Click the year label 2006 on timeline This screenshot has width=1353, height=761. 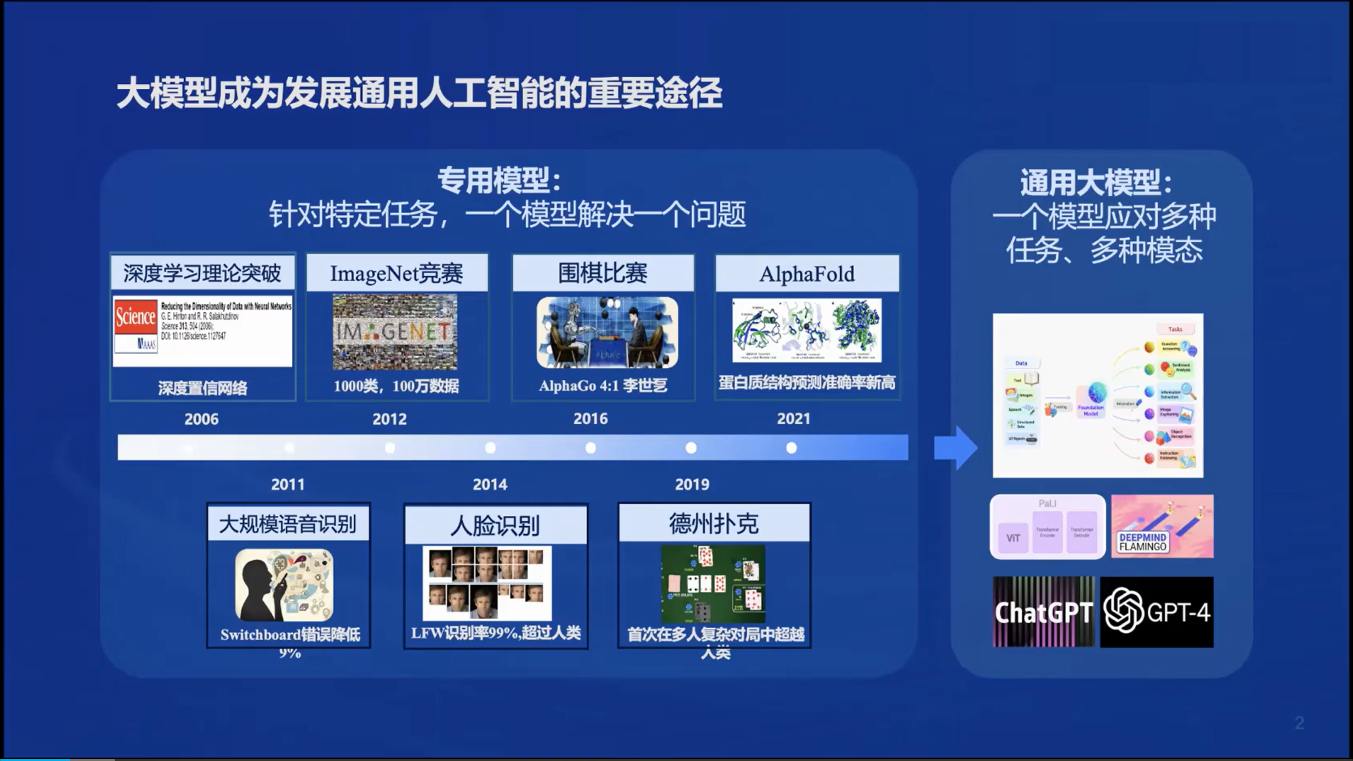(201, 419)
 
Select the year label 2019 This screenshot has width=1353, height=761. (692, 484)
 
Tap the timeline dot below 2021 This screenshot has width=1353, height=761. (791, 448)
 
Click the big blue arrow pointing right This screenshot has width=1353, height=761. (956, 448)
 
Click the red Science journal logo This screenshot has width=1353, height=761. (135, 317)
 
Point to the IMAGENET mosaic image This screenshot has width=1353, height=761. (395, 332)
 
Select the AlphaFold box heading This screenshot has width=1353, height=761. (807, 274)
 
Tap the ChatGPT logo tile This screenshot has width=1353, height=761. (1043, 612)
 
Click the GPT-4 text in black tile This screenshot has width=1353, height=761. (1178, 613)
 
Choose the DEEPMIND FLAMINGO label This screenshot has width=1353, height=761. (1143, 542)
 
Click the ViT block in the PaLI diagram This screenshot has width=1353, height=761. (1013, 538)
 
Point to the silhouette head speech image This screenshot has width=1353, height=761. (284, 585)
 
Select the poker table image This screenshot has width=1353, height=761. (713, 584)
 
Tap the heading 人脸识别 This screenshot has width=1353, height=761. (495, 525)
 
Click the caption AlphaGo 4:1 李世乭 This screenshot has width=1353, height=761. (603, 386)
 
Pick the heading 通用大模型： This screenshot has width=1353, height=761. (1096, 182)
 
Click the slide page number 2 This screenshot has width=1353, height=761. (1299, 723)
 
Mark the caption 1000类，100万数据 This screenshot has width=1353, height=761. (396, 386)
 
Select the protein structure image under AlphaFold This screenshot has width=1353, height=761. (807, 330)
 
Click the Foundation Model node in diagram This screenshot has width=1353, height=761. (1091, 400)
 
